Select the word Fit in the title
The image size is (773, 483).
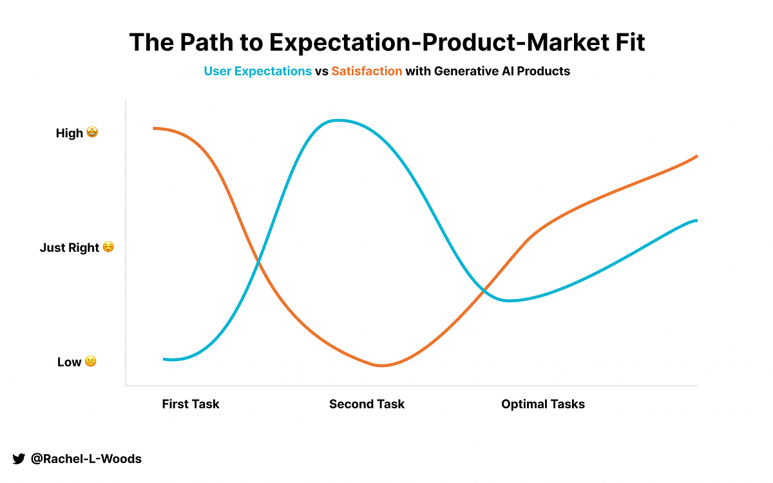[624, 43]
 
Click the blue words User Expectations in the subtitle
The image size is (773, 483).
[258, 71]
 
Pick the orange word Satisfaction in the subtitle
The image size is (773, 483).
[367, 71]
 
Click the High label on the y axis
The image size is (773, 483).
[70, 133]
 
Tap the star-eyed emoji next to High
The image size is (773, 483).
[92, 133]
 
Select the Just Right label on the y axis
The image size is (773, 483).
[70, 247]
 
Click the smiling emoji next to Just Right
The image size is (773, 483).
[108, 247]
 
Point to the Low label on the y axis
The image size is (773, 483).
[69, 362]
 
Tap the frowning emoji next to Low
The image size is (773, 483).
[91, 361]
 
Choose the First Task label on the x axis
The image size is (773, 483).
[191, 404]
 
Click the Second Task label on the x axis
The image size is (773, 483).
[367, 404]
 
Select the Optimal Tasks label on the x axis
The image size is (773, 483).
[543, 404]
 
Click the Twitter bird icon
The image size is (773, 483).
[19, 459]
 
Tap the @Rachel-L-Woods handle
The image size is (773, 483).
[86, 459]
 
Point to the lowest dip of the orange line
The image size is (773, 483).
[381, 366]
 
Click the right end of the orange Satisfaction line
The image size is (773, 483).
[696, 156]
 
